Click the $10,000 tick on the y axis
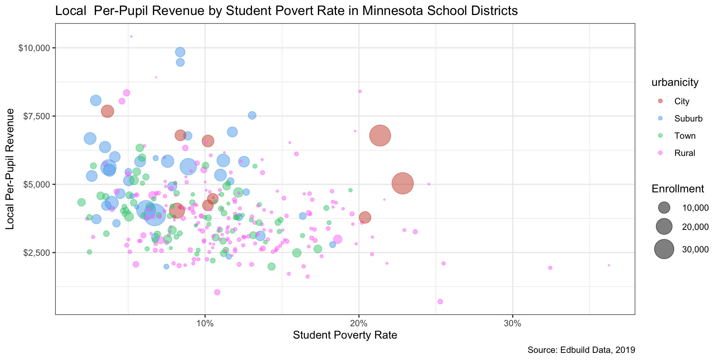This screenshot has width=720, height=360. point(34,48)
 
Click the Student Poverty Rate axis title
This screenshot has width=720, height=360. point(345,335)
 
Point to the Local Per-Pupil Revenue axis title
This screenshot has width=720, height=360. point(11,169)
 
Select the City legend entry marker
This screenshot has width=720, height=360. point(660,101)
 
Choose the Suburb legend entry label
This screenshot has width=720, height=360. point(688,119)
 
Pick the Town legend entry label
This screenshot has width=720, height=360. point(685,136)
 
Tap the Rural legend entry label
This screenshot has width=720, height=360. point(685,153)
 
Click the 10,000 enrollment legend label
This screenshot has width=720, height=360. point(695,208)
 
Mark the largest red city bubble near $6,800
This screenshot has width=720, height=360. point(380,136)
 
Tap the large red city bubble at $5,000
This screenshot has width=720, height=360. point(402,183)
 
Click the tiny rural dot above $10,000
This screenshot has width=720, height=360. point(131,36)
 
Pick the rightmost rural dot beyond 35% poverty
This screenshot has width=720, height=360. point(609,265)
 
